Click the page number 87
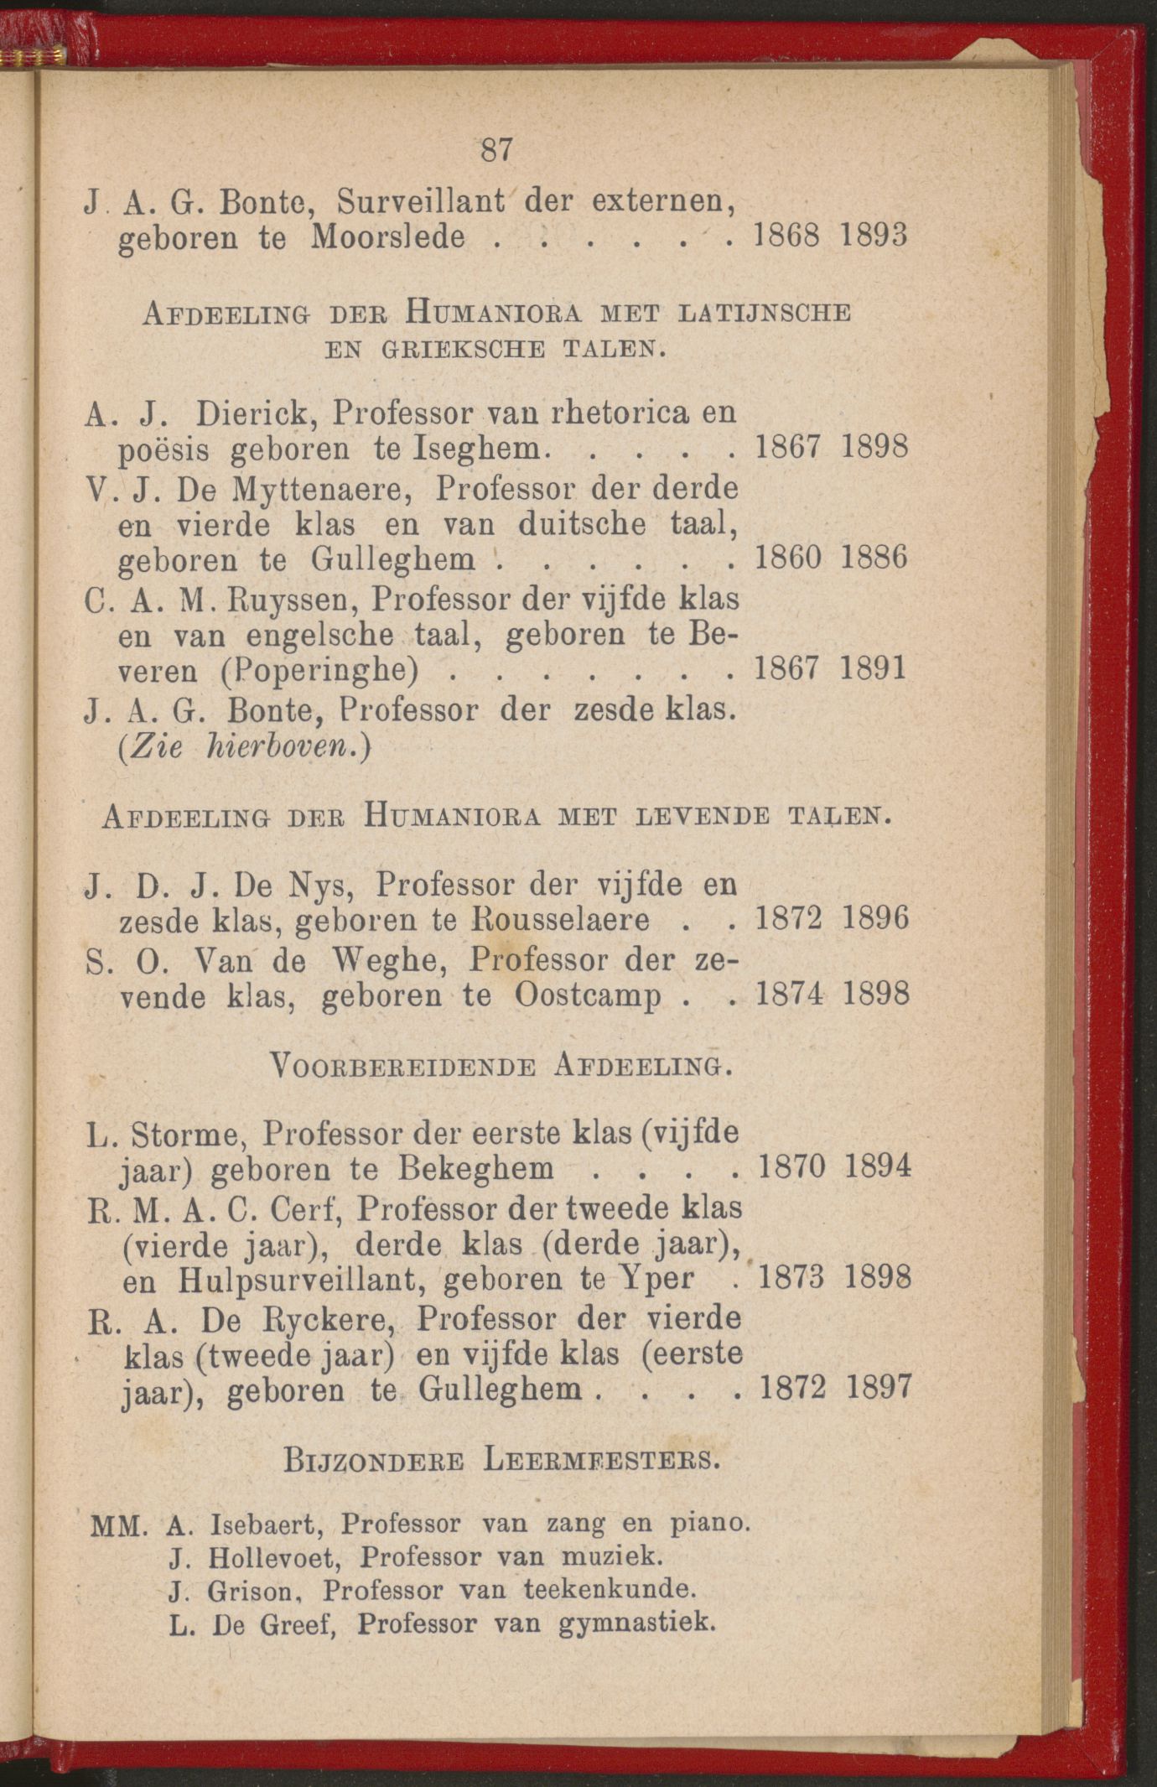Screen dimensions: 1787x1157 coord(496,150)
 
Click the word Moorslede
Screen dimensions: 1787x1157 coord(387,237)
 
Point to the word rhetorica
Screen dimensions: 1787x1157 coord(620,412)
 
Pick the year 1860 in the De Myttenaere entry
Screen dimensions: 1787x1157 coord(787,558)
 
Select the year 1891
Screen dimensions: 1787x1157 coord(873,668)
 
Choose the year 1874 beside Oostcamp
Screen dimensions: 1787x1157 coord(789,995)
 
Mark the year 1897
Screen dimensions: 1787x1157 coord(878,1388)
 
